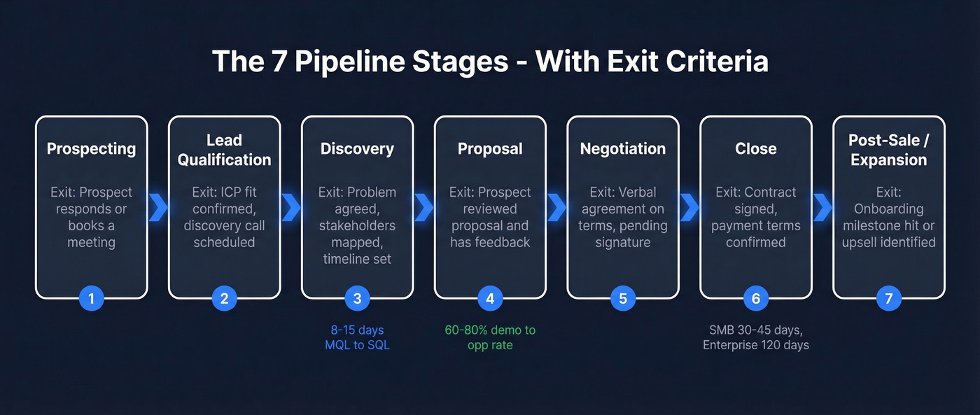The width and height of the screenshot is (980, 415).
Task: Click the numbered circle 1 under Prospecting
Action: [91, 299]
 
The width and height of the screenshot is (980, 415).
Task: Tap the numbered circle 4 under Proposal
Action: [490, 299]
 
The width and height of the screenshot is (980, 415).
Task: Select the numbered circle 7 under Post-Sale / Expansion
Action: [888, 299]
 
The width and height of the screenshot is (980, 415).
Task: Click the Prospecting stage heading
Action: [91, 149]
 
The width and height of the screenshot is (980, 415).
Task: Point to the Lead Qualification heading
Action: [224, 150]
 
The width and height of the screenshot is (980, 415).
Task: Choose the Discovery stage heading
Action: [357, 149]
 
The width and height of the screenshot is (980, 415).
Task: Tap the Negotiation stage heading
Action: [622, 149]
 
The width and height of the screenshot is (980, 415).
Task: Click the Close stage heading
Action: [755, 149]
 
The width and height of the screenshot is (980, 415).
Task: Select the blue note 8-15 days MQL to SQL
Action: [357, 337]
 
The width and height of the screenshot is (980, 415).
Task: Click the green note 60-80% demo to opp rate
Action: [490, 337]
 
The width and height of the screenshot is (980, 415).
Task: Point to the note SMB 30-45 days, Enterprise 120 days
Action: [755, 337]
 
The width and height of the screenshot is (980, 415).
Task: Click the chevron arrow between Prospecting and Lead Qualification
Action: [158, 208]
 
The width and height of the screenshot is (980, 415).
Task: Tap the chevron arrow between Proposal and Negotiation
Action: [556, 208]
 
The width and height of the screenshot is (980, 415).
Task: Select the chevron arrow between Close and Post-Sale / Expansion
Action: [822, 208]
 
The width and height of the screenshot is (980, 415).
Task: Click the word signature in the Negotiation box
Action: [622, 242]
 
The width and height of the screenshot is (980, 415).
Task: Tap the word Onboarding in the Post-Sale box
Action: [888, 209]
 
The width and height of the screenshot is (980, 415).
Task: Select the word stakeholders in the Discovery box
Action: [357, 225]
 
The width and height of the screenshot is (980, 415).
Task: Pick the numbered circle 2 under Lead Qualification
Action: [224, 299]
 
